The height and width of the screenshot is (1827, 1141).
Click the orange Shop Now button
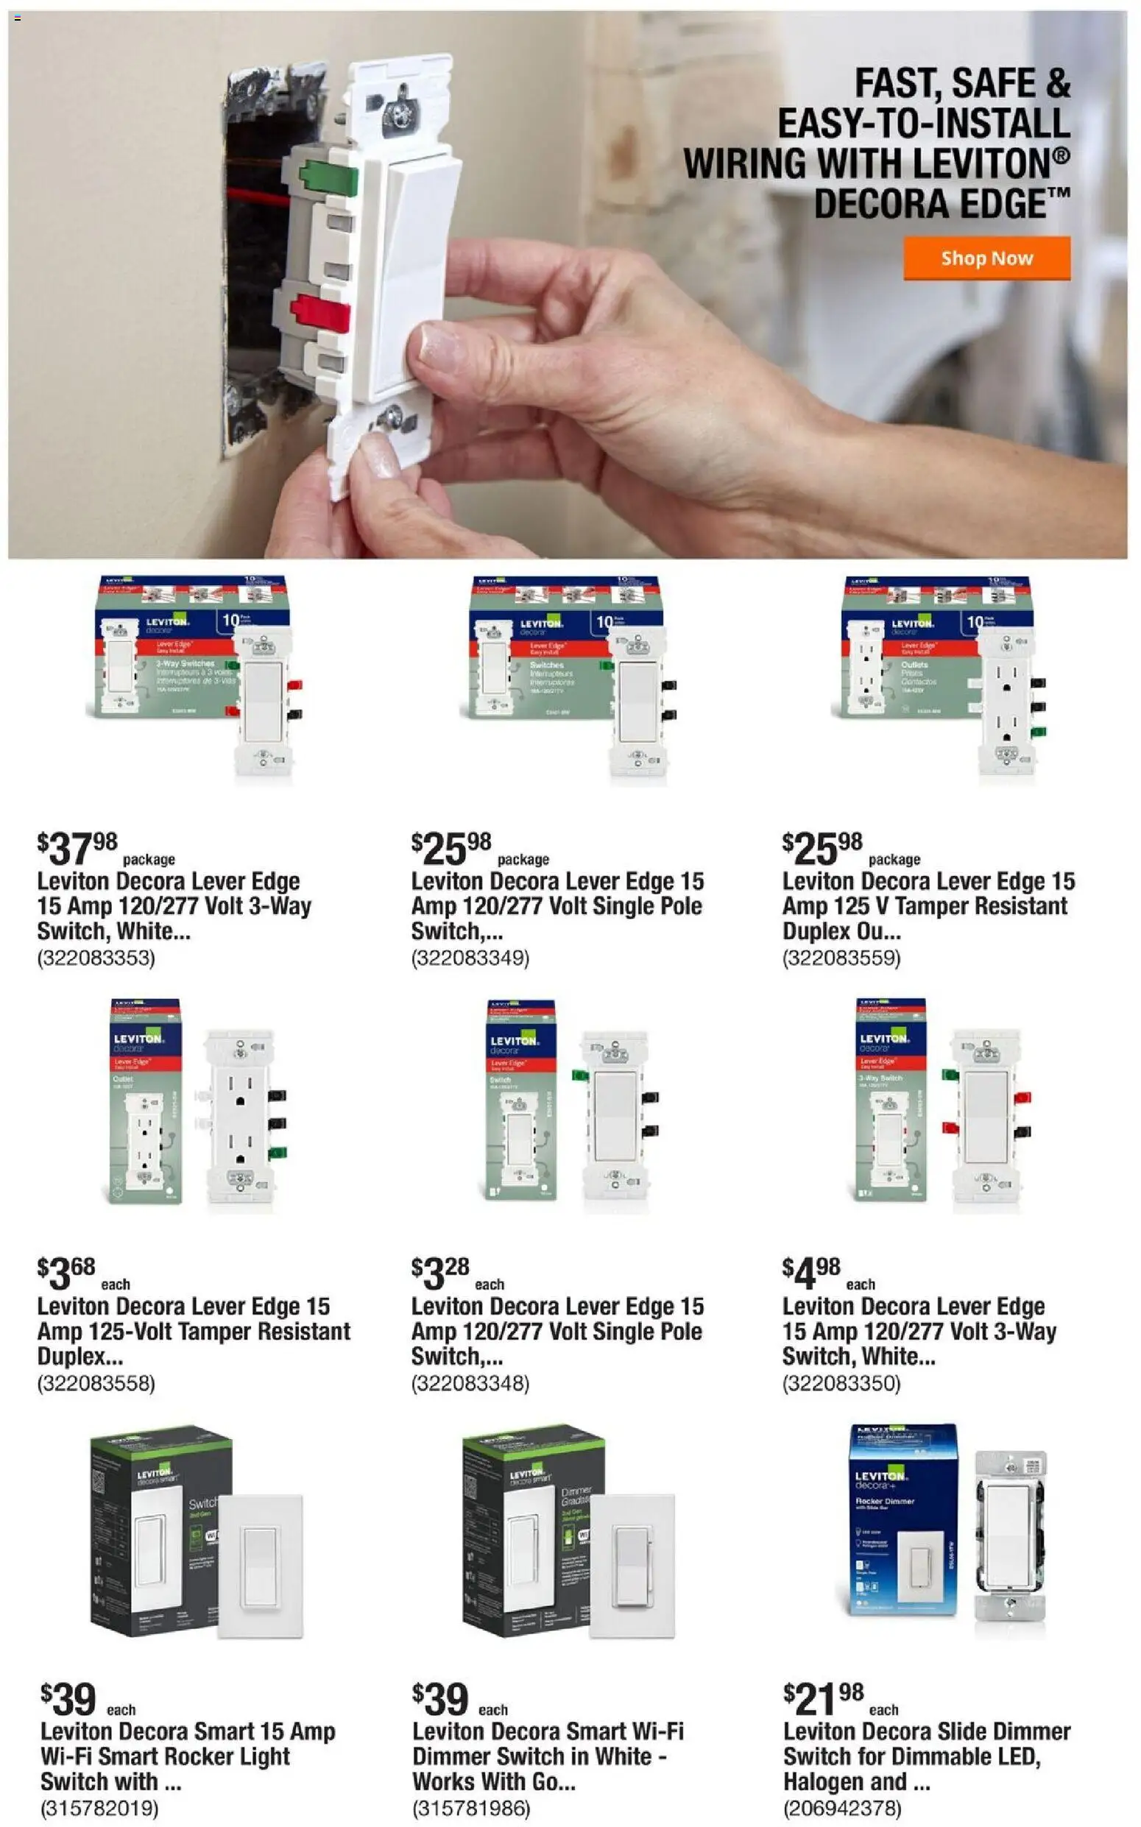click(986, 258)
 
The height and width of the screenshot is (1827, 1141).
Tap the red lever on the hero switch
click(321, 312)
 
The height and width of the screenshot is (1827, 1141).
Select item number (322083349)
click(470, 958)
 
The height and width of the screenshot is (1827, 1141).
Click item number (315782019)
click(99, 1809)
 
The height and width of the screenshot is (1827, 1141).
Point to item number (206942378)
click(842, 1809)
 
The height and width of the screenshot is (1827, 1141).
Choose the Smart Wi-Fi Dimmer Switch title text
click(547, 1756)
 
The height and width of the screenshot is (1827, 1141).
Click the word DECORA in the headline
click(869, 205)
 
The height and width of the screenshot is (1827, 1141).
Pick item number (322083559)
click(841, 958)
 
